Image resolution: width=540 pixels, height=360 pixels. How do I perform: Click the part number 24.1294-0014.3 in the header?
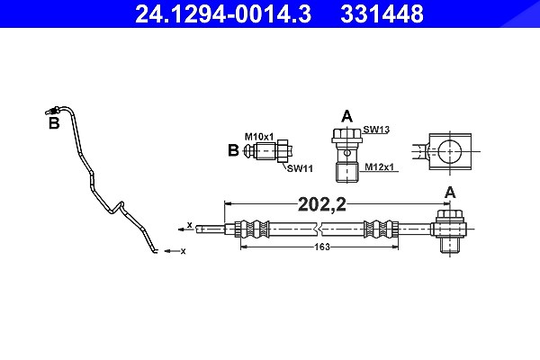pos(223,14)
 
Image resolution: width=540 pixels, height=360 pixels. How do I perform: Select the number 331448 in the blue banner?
pos(382,14)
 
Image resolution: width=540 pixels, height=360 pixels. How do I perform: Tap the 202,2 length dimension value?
pos(322,204)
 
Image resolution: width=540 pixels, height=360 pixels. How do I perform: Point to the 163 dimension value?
pos(322,247)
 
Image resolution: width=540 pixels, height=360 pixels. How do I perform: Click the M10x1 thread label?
pos(259,137)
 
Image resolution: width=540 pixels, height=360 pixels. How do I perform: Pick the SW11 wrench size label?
pos(300,168)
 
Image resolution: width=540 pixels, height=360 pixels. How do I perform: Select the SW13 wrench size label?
pos(376,130)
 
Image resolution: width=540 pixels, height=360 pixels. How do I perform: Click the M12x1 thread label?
pos(379,167)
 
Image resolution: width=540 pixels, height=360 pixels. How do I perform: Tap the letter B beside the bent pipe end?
pos(54,123)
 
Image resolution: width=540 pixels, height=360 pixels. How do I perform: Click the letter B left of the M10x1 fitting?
pos(233,150)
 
